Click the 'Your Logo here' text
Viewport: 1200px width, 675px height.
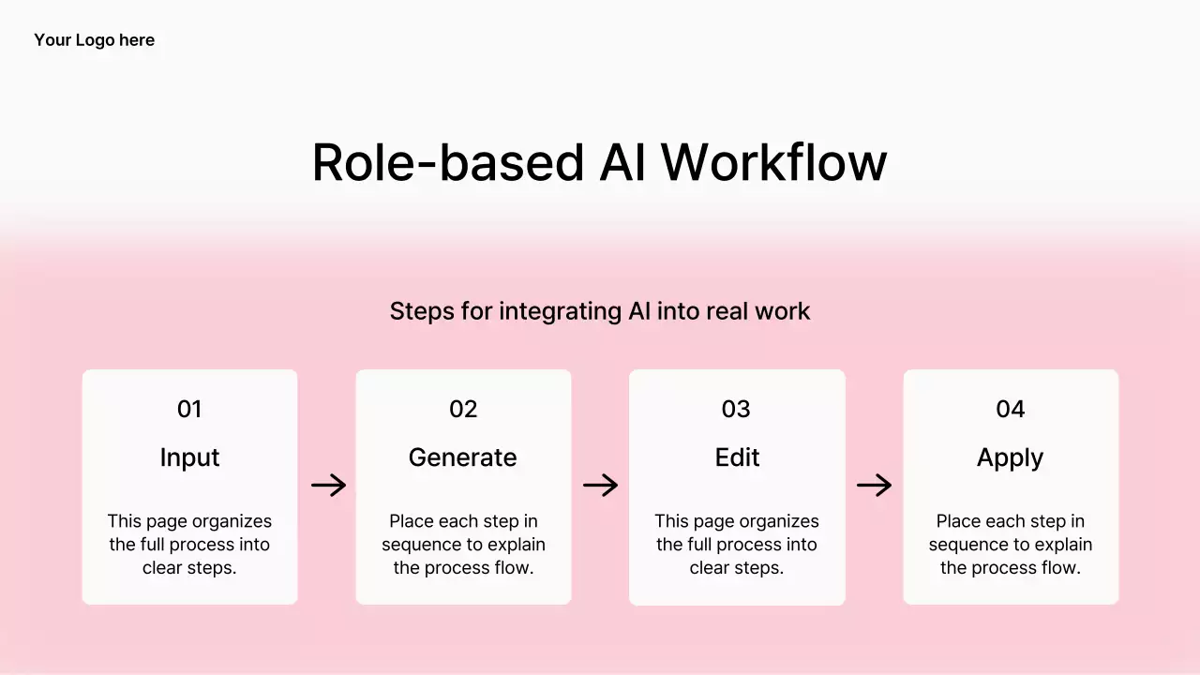coord(94,40)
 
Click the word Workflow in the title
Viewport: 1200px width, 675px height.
coord(773,163)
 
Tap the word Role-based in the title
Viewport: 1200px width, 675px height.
coord(448,163)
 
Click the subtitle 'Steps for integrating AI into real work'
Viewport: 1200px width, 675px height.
coord(599,311)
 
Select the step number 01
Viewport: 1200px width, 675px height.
coord(189,409)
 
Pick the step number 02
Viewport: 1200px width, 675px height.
coord(463,409)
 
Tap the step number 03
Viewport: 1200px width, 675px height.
coord(736,409)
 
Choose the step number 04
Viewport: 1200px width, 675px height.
coord(1010,409)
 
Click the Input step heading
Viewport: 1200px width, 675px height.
coord(189,457)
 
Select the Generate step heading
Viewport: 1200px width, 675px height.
coord(463,457)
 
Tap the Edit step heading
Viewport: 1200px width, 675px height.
coord(737,457)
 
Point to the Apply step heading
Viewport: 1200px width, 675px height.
coord(1010,457)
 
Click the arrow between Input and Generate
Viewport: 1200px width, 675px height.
coord(328,485)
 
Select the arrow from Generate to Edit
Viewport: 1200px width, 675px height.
coord(600,485)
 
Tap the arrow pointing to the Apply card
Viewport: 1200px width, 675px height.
coord(874,485)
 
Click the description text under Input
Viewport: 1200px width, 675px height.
coord(189,545)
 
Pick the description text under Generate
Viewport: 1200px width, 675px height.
coord(463,545)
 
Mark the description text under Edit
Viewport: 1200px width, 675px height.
coord(737,545)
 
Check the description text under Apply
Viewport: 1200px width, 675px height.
coord(1011,545)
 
